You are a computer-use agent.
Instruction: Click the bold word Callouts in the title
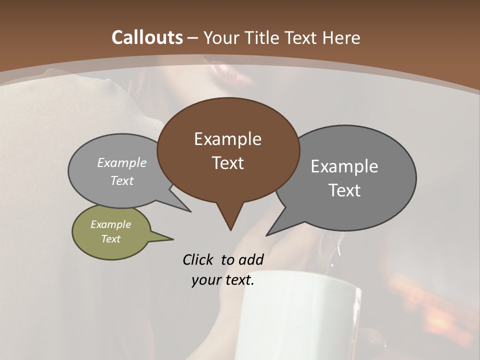point(147,37)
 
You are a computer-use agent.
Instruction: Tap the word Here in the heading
point(341,37)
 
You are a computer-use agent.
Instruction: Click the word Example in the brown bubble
point(227,139)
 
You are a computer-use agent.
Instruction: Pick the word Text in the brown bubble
point(228,163)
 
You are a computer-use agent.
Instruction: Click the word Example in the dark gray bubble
point(344,166)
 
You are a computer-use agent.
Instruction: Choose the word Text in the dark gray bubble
point(345,190)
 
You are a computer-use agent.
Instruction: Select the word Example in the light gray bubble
point(122,163)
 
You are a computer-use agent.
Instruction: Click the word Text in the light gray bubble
point(122,180)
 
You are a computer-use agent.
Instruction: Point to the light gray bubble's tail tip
point(190,211)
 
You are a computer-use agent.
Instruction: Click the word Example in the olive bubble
point(110,224)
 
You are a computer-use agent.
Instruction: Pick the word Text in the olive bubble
point(111,239)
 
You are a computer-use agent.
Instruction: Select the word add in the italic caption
point(251,259)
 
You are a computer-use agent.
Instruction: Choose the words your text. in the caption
point(223,280)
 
